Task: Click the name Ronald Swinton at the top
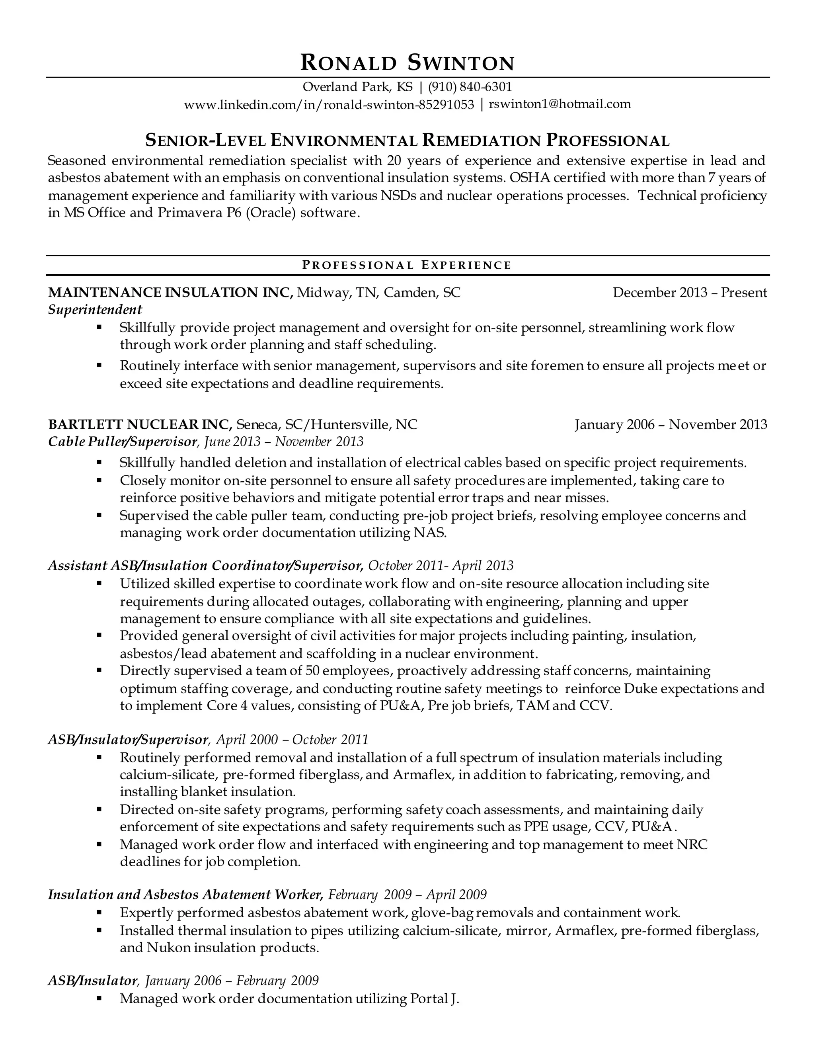click(407, 63)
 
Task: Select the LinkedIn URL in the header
click(329, 104)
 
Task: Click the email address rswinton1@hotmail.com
click(560, 104)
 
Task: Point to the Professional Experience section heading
click(407, 265)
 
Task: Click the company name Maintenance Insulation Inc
click(170, 293)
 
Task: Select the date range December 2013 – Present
click(690, 293)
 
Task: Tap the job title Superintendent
click(95, 310)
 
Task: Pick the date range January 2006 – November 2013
click(671, 425)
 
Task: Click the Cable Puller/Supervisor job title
click(123, 442)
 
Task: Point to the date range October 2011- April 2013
click(441, 566)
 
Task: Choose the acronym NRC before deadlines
click(692, 845)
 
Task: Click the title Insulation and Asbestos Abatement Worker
click(185, 895)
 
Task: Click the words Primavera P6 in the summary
click(197, 213)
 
